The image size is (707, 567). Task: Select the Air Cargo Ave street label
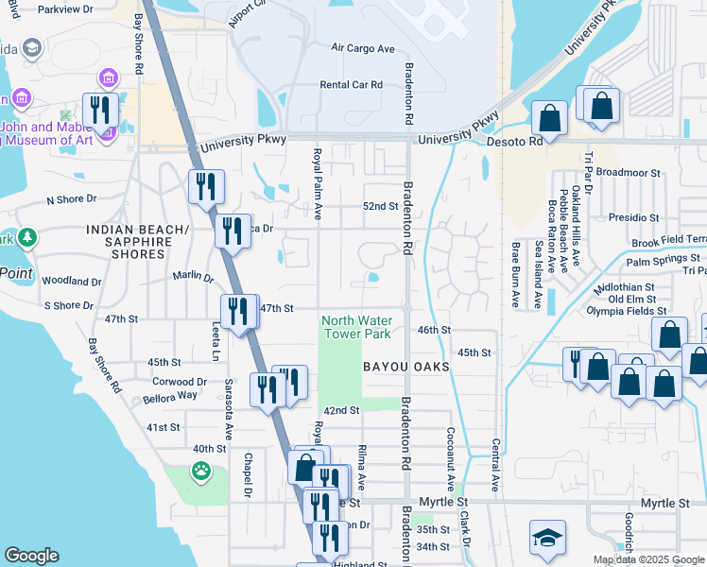[x=362, y=48]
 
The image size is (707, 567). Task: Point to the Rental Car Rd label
[x=351, y=84]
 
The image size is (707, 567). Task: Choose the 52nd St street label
[x=381, y=206]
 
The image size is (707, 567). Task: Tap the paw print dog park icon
[x=200, y=470]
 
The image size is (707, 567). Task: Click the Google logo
[x=31, y=556]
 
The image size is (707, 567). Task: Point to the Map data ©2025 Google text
[x=647, y=559]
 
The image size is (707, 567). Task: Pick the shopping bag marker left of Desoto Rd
[x=549, y=118]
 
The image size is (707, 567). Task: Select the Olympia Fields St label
[x=627, y=310]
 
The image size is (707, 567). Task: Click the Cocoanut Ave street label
[x=451, y=454]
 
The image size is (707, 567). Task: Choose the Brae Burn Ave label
[x=516, y=275]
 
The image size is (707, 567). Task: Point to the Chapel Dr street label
[x=246, y=474]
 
